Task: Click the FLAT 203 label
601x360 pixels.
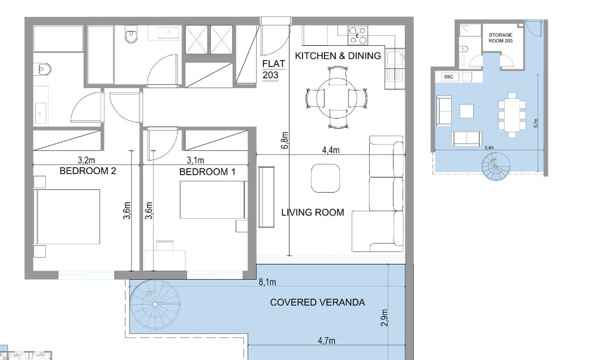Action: click(274, 69)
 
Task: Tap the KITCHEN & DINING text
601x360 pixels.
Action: click(338, 55)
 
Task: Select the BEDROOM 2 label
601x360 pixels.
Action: click(88, 171)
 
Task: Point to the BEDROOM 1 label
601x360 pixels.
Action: click(207, 172)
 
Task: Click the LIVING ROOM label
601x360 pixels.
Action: click(313, 212)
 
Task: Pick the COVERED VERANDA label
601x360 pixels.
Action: click(317, 302)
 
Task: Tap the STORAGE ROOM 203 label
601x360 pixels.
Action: click(500, 37)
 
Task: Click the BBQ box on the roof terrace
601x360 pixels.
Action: click(448, 77)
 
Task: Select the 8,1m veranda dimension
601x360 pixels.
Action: click(267, 282)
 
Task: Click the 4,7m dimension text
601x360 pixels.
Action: click(327, 340)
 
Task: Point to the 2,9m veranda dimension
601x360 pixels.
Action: click(384, 318)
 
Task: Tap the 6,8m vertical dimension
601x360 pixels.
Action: click(284, 141)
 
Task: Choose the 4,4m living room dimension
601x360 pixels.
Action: click(331, 150)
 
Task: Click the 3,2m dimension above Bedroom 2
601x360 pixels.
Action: click(87, 160)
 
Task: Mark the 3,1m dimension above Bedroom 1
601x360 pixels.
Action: click(195, 160)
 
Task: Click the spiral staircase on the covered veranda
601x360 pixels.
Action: click(155, 304)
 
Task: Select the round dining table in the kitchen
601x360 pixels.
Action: click(337, 98)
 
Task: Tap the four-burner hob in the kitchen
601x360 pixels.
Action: click(358, 35)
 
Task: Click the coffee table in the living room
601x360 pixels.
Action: click(326, 178)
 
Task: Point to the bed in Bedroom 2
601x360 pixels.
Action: click(67, 216)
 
